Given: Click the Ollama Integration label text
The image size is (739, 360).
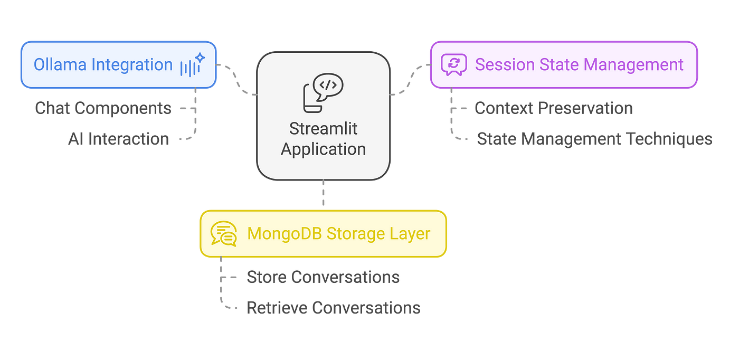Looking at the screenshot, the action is point(103,65).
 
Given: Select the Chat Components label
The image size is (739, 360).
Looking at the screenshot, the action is point(103,108).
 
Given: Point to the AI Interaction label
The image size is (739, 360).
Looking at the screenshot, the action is point(118,139).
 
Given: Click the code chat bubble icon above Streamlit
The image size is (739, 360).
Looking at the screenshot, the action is point(323,93).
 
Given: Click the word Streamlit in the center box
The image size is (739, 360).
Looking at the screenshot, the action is point(323,129).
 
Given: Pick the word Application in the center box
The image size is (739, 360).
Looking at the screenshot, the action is point(323,149).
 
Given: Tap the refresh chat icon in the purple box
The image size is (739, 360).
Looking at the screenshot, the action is point(454,65).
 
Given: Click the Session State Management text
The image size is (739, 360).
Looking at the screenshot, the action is point(580,65).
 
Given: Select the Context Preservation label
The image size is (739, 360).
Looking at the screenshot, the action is point(554,108).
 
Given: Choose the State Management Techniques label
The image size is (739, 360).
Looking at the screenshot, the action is point(594,139).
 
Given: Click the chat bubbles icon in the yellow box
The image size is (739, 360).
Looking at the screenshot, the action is point(224,234).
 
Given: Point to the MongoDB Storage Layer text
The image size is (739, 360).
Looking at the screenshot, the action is point(339,234).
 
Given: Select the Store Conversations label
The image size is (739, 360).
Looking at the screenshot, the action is point(323,277).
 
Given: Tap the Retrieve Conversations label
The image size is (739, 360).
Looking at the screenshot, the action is point(334,308).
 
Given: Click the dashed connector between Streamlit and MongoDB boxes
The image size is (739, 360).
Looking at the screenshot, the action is point(323,193).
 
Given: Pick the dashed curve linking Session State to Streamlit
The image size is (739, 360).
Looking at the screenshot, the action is point(411,79).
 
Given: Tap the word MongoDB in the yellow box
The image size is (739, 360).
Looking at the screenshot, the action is point(280,234).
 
